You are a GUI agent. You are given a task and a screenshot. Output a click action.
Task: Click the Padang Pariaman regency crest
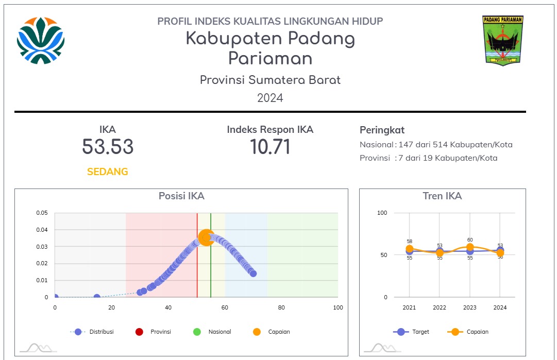pyautogui.click(x=503, y=40)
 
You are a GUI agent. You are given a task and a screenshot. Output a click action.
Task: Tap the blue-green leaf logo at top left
pyautogui.click(x=41, y=40)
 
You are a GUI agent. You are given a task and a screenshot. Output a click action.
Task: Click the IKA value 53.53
pyautogui.click(x=108, y=147)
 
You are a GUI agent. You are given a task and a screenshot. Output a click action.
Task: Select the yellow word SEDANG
pyautogui.click(x=107, y=172)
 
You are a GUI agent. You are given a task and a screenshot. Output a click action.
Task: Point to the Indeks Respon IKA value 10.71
pyautogui.click(x=270, y=147)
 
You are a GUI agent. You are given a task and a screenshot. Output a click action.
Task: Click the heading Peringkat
pyautogui.click(x=382, y=130)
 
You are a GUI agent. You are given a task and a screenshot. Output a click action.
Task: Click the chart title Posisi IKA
pyautogui.click(x=181, y=196)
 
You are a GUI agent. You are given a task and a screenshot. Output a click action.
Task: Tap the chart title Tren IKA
pyautogui.click(x=442, y=196)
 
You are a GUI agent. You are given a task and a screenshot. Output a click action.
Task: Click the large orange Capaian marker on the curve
pyautogui.click(x=206, y=237)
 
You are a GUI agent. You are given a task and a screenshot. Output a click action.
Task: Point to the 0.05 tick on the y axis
pyautogui.click(x=42, y=213)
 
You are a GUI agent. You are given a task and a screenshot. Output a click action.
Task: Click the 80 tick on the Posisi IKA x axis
pyautogui.click(x=281, y=307)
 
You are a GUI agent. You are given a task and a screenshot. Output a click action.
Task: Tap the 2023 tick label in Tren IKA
pyautogui.click(x=470, y=307)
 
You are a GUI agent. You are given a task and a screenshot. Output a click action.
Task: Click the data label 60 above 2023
pyautogui.click(x=470, y=240)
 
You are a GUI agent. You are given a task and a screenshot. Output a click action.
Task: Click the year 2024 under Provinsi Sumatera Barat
pyautogui.click(x=270, y=98)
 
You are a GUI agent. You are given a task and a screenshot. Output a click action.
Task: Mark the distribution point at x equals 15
pyautogui.click(x=97, y=297)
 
